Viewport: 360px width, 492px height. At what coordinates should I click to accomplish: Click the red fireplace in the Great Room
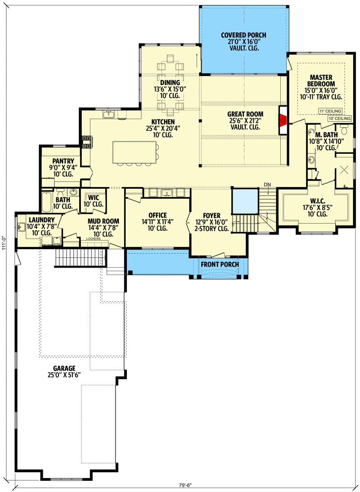[283, 121]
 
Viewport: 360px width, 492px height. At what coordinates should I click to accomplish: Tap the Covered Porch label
[243, 35]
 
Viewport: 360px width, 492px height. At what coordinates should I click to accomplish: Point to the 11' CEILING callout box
[330, 111]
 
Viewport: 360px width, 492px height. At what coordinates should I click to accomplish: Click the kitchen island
[135, 152]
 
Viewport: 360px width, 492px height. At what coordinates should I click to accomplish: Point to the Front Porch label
[220, 264]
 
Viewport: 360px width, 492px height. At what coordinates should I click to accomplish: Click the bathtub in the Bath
[47, 202]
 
